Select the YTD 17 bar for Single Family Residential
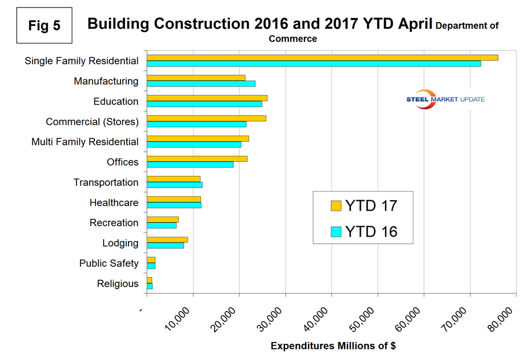[322, 57]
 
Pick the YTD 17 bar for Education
[207, 98]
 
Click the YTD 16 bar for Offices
[190, 165]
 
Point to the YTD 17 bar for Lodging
[167, 240]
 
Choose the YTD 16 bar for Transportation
[174, 185]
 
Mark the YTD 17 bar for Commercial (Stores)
[206, 118]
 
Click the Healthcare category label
[114, 203]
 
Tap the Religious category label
[118, 284]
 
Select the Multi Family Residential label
[85, 142]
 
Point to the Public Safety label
[109, 263]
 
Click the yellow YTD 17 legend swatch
[336, 205]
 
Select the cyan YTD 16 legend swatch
[336, 232]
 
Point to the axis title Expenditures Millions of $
[333, 346]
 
